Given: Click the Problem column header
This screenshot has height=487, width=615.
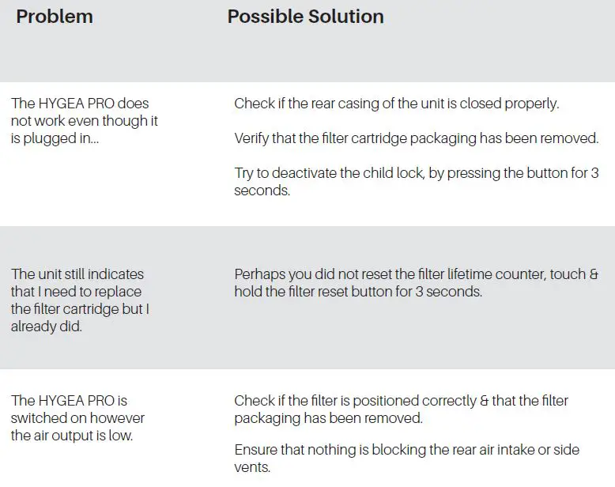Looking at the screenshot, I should point(55,17).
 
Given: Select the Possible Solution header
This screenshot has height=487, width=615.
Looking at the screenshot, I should point(305,17).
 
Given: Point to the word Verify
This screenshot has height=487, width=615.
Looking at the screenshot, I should point(253,138).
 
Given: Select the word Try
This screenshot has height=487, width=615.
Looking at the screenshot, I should point(245,173).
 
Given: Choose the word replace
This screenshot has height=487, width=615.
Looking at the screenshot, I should point(117,292).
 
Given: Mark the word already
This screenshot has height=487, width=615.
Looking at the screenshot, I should point(34,327).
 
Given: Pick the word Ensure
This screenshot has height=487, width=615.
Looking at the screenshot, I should point(256,450).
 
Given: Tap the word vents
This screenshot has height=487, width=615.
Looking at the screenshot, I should point(252,467).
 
